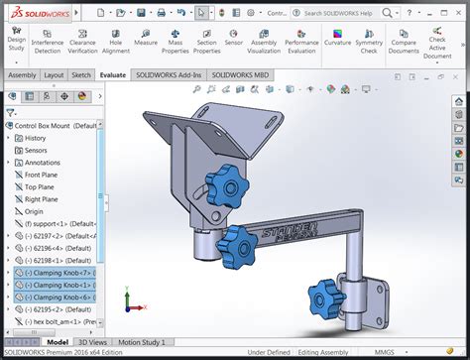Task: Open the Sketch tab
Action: point(81,74)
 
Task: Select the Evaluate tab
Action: point(113,74)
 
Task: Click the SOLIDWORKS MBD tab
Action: point(246,74)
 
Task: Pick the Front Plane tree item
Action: point(41,175)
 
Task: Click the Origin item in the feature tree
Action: point(34,211)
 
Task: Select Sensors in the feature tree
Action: point(36,150)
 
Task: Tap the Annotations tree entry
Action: point(42,163)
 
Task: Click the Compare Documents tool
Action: point(404,45)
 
